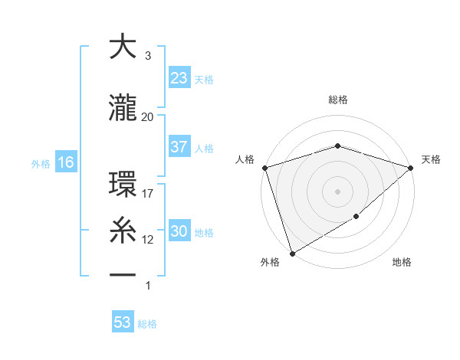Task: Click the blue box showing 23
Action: point(179,78)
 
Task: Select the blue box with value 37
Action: point(179,147)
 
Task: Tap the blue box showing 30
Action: point(179,231)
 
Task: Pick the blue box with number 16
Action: point(65,162)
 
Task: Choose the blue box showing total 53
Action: point(123,322)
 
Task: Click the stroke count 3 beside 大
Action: point(147,56)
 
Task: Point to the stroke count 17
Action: point(148,194)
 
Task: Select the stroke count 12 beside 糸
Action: point(148,240)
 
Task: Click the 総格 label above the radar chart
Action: point(338,100)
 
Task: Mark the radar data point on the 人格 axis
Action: point(264,168)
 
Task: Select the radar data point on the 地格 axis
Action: point(356,218)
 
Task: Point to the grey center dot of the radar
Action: point(337,191)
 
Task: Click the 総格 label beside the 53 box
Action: point(147,324)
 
